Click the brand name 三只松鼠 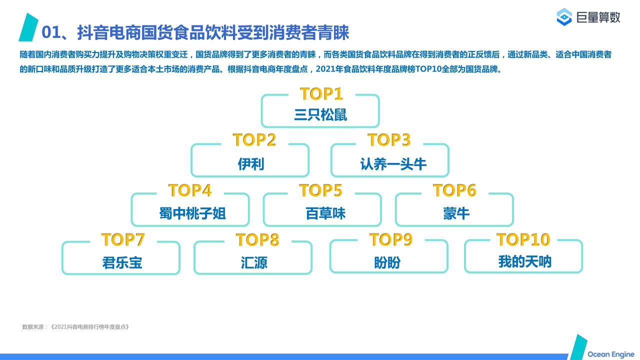pyautogui.click(x=320, y=114)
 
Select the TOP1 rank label pyautogui.click(x=321, y=94)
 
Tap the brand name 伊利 pyautogui.click(x=250, y=164)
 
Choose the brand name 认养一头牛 pyautogui.click(x=393, y=164)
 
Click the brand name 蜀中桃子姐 pyautogui.click(x=192, y=213)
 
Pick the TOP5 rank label pyautogui.click(x=320, y=190)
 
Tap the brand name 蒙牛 pyautogui.click(x=456, y=213)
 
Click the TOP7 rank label pyautogui.click(x=123, y=239)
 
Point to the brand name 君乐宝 pyautogui.click(x=122, y=262)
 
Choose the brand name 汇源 pyautogui.click(x=254, y=262)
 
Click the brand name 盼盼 pyautogui.click(x=387, y=262)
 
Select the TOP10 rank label pyautogui.click(x=523, y=239)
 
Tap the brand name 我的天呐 pyautogui.click(x=524, y=261)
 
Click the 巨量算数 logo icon pyautogui.click(x=564, y=17)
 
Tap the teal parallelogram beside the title pyautogui.click(x=28, y=27)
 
